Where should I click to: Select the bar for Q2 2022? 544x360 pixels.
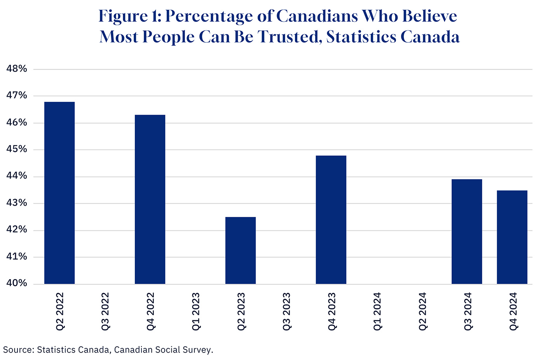[x=59, y=193]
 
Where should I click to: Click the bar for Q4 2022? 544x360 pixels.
[x=150, y=199]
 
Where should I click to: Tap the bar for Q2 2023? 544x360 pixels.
[x=241, y=250]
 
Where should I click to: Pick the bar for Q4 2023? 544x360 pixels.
[x=331, y=220]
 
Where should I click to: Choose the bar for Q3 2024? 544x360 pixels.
[x=467, y=232]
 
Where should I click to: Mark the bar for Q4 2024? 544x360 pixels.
[x=512, y=237]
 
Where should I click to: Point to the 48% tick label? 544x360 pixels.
[x=17, y=69]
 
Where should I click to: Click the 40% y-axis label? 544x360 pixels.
[x=17, y=283]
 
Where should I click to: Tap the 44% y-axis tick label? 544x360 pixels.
[x=17, y=177]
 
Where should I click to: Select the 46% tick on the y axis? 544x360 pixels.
[x=17, y=123]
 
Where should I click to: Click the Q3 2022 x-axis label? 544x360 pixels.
[x=105, y=311]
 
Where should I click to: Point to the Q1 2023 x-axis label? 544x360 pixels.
[x=196, y=311]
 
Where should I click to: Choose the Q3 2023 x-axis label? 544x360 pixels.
[x=286, y=311]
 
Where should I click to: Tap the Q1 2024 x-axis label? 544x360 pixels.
[x=377, y=311]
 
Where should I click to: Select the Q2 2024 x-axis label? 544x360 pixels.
[x=422, y=311]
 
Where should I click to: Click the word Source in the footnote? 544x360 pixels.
[x=17, y=350]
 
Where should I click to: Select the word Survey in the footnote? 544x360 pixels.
[x=199, y=350]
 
